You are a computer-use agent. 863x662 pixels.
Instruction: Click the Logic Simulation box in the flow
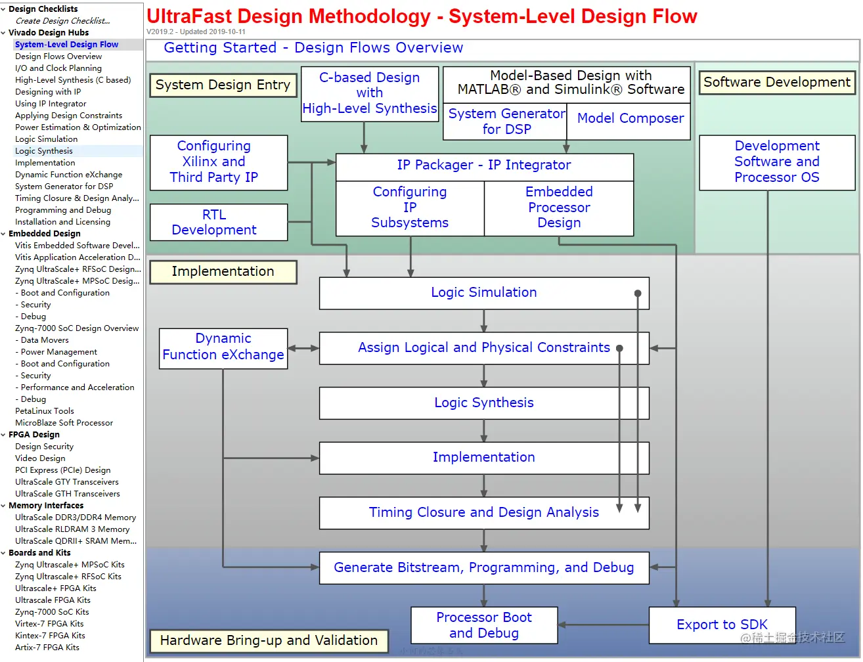coord(483,293)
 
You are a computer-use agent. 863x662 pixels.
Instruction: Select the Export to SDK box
coord(722,625)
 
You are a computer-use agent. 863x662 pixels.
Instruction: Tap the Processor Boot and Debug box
coord(484,625)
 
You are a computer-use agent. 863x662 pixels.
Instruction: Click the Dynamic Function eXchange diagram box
coord(223,347)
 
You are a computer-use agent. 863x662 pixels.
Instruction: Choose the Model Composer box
coord(630,119)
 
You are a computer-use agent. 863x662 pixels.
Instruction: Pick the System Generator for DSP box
coord(506,121)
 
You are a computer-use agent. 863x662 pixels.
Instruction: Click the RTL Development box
coord(214,223)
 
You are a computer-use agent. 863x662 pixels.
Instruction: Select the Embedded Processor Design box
coord(559,208)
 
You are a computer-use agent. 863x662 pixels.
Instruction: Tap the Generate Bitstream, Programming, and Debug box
coord(483,568)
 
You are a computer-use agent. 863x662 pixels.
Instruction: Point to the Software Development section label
coord(776,83)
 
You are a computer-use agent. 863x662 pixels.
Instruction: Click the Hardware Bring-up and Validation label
coord(269,640)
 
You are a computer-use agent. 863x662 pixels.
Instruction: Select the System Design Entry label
coord(223,85)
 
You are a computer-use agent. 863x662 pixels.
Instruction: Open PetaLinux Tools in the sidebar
coord(45,411)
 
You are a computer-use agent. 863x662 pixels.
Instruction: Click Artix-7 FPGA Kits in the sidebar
coord(47,648)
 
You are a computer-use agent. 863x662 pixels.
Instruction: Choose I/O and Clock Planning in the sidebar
coord(58,68)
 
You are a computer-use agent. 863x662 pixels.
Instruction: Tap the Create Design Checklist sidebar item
coord(63,21)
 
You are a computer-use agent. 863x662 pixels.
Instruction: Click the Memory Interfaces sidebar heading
coord(46,506)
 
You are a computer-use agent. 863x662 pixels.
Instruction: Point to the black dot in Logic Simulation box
coord(637,294)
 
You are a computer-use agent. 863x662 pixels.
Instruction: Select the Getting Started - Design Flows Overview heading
coord(313,48)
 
